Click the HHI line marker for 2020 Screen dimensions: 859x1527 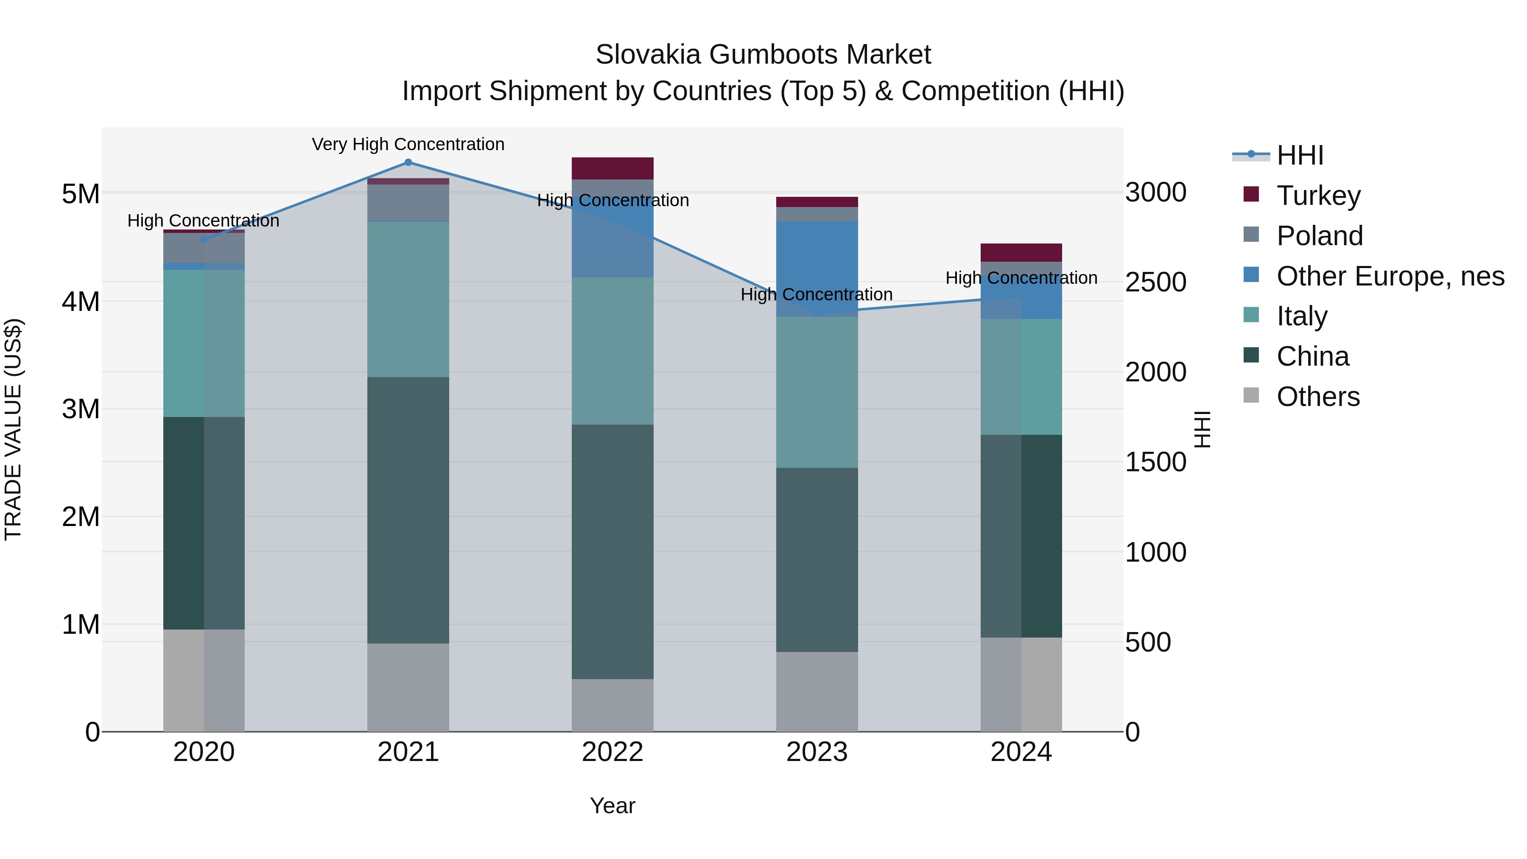pyautogui.click(x=204, y=240)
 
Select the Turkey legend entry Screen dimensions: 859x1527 pyautogui.click(x=1318, y=196)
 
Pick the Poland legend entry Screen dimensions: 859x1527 pyautogui.click(x=1320, y=236)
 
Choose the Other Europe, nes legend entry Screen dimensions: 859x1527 pyautogui.click(x=1390, y=276)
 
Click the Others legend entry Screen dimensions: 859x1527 pyautogui.click(x=1318, y=397)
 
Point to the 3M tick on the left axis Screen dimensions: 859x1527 pyautogui.click(x=81, y=409)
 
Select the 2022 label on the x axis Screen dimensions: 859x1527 pyautogui.click(x=612, y=752)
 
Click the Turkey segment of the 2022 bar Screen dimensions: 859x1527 pyautogui.click(x=612, y=168)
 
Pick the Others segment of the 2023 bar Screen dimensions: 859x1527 pyautogui.click(x=817, y=691)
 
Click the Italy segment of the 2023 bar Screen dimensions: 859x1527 pyautogui.click(x=817, y=392)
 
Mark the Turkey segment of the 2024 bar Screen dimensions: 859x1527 pyautogui.click(x=1021, y=252)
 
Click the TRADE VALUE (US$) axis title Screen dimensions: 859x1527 pyautogui.click(x=13, y=429)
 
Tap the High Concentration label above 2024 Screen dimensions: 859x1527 pyautogui.click(x=1021, y=278)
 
